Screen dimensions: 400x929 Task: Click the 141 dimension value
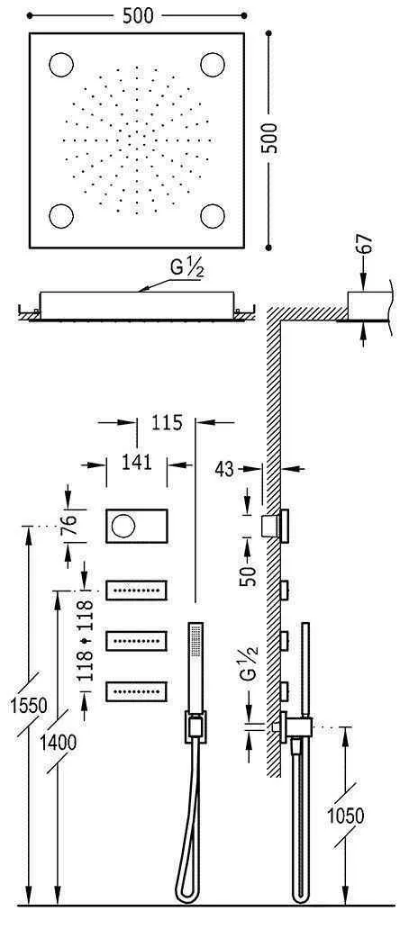click(x=135, y=463)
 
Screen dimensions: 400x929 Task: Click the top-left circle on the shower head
click(x=61, y=66)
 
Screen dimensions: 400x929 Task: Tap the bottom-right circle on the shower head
click(x=213, y=217)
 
